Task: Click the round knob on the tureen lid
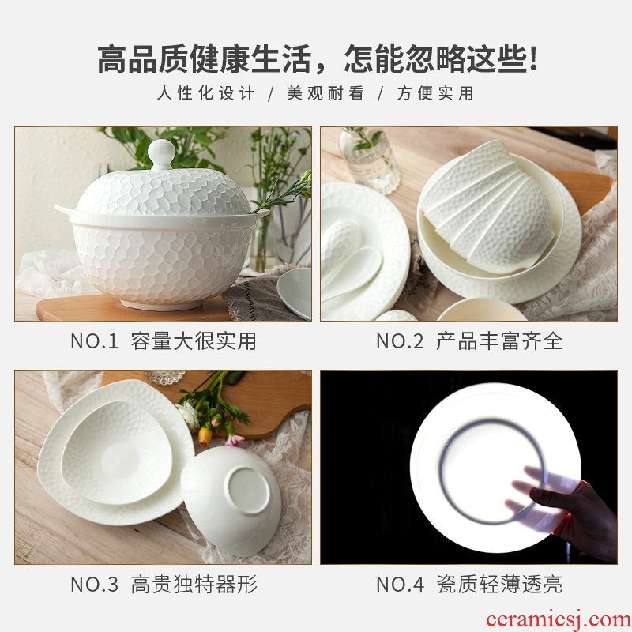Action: (x=162, y=154)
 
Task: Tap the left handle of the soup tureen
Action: (x=65, y=211)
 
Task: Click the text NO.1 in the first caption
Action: (x=94, y=341)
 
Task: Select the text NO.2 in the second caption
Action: (x=400, y=341)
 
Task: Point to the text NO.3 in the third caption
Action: (x=94, y=584)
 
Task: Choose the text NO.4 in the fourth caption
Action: (x=400, y=584)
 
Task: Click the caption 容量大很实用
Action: (x=194, y=341)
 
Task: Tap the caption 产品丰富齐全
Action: (x=499, y=341)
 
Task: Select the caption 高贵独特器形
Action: (x=194, y=584)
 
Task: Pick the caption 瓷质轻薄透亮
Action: (x=499, y=584)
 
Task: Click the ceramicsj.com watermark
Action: (x=559, y=619)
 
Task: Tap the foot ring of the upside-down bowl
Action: (x=246, y=490)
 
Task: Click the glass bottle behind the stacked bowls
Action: (x=369, y=160)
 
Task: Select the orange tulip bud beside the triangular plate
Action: (x=205, y=436)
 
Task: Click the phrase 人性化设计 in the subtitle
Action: (x=205, y=93)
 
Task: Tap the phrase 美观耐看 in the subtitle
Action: (x=325, y=93)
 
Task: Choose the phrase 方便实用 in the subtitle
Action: (x=435, y=93)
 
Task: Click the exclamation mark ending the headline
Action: (x=534, y=58)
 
